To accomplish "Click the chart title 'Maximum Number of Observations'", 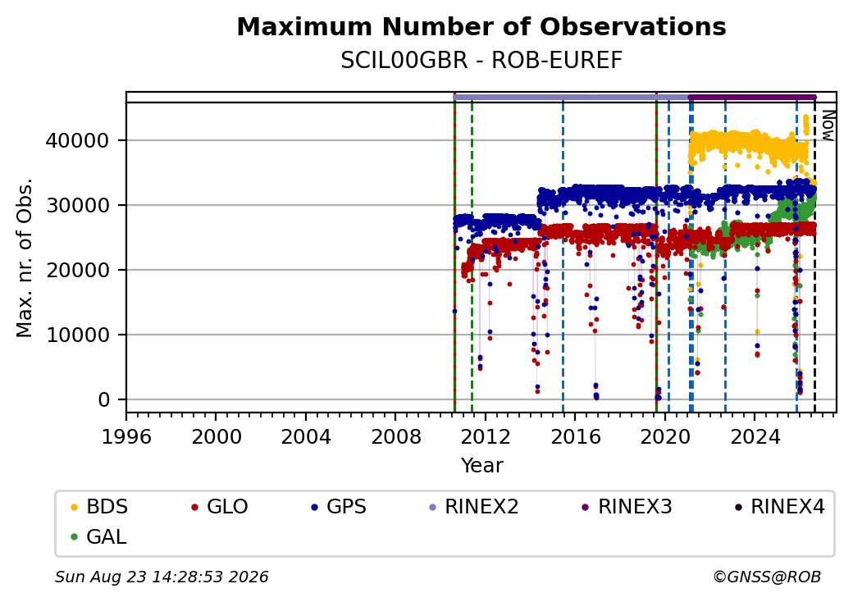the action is tap(481, 26).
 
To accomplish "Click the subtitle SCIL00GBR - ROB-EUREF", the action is tap(481, 61).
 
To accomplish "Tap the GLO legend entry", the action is tap(220, 507).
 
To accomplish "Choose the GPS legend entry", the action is tap(339, 507).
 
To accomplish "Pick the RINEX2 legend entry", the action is tap(474, 507).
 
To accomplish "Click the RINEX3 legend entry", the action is tap(627, 507).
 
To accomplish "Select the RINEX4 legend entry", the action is tap(779, 507).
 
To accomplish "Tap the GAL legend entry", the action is tap(99, 536).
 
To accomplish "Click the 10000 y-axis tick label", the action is tap(77, 335).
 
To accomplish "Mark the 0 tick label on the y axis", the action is tap(104, 399).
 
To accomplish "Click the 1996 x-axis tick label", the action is tap(127, 436).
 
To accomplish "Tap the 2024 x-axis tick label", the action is tap(755, 436).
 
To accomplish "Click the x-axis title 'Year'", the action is tap(482, 466).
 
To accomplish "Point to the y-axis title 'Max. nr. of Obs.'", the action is tap(25, 258).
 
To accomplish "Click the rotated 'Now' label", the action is tap(828, 125).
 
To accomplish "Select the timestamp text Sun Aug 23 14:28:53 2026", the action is tap(162, 577).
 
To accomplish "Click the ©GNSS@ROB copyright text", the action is tap(767, 577).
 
